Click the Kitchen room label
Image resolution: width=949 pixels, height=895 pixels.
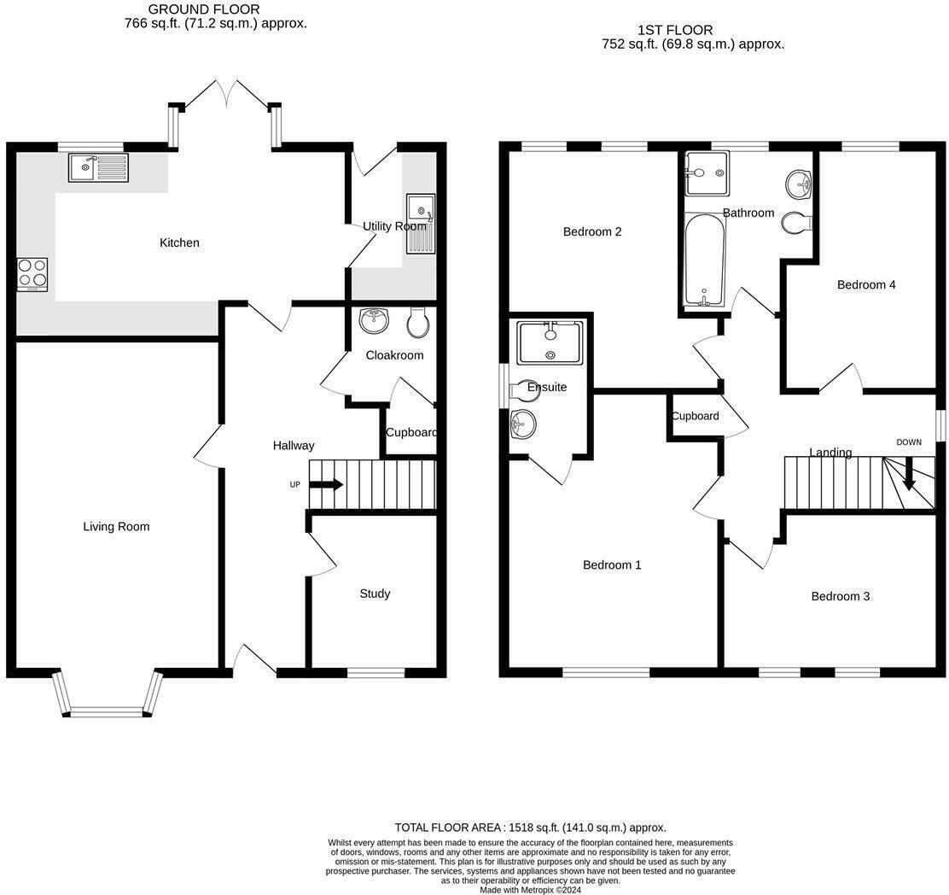179,243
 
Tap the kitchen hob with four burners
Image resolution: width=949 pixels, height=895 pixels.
32,275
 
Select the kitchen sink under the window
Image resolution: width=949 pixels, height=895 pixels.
98,167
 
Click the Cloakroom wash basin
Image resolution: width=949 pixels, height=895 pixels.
374,321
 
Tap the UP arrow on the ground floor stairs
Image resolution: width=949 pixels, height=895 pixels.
326,485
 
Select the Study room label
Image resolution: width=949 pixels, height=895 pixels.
375,594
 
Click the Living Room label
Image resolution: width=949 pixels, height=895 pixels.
116,527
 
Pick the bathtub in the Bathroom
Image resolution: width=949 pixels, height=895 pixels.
705,260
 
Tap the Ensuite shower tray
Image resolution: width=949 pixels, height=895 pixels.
550,342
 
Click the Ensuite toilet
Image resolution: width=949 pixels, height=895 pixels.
521,389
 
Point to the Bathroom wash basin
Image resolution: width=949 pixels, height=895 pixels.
800,181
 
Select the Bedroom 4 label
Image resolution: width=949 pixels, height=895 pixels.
866,285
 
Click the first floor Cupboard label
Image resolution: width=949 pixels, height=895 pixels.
695,417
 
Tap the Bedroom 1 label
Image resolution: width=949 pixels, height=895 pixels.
612,565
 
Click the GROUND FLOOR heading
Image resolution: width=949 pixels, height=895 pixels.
204,9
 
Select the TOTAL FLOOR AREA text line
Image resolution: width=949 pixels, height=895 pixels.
530,828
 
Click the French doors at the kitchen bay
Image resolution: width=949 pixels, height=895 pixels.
227,95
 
